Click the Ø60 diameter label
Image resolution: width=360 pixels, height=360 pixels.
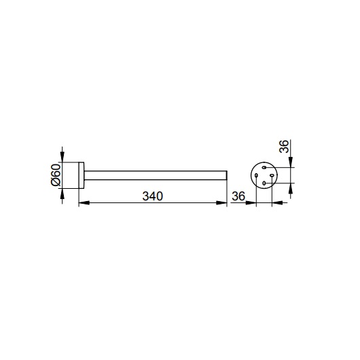click(56, 175)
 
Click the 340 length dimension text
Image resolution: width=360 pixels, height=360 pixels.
click(153, 196)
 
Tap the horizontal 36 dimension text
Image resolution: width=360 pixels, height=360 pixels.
click(238, 196)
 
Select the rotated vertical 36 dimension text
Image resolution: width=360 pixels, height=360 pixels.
click(284, 146)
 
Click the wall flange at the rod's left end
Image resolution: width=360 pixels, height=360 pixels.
click(82, 175)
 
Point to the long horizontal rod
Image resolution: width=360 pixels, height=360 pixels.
click(156, 175)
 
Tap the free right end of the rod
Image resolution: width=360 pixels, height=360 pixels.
click(227, 175)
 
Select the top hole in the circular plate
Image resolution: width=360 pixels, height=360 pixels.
click(264, 167)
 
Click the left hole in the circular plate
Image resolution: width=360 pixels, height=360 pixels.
click(256, 175)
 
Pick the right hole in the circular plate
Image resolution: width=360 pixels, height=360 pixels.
click(272, 175)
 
